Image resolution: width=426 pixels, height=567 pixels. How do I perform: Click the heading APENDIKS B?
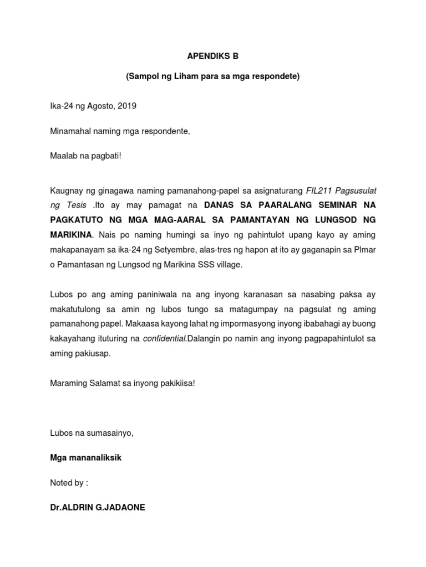(x=212, y=56)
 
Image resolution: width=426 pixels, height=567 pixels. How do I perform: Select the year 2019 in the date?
(x=127, y=106)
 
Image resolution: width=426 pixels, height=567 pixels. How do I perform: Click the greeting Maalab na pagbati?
(x=85, y=156)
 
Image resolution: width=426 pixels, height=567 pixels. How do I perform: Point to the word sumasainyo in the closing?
(x=111, y=433)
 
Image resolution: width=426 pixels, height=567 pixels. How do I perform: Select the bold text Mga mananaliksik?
(x=85, y=458)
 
